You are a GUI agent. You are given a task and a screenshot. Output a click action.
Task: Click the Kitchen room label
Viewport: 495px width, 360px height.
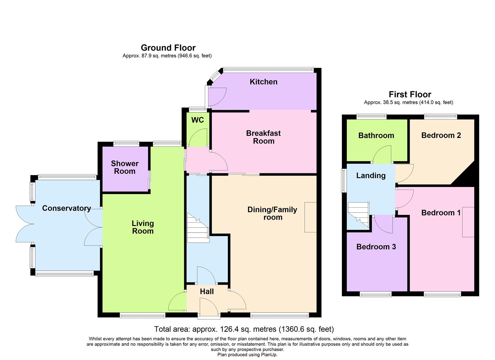pyautogui.click(x=263, y=82)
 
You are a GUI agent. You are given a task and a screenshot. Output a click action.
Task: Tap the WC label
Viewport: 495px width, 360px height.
pyautogui.click(x=197, y=120)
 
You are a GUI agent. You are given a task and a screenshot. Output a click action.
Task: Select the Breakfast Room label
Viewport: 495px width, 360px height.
pyautogui.click(x=263, y=137)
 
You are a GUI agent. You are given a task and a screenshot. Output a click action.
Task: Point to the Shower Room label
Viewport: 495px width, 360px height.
pyautogui.click(x=125, y=167)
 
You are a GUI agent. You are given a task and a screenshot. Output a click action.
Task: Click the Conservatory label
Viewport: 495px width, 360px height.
pyautogui.click(x=66, y=208)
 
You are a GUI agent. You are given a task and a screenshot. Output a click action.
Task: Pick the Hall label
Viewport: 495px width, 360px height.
pyautogui.click(x=207, y=292)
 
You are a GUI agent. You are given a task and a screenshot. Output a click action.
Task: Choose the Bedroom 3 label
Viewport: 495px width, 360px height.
pyautogui.click(x=376, y=247)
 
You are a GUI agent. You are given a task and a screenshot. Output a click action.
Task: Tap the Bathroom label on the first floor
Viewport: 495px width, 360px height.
pyautogui.click(x=376, y=136)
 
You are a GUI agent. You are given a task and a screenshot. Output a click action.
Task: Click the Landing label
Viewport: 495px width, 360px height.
pyautogui.click(x=371, y=176)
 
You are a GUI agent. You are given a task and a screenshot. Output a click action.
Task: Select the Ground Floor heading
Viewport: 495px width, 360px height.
pyautogui.click(x=168, y=48)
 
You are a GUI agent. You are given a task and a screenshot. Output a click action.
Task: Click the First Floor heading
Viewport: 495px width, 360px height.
pyautogui.click(x=410, y=95)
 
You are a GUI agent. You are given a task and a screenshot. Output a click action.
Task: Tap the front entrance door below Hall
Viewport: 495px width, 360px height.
pyautogui.click(x=209, y=307)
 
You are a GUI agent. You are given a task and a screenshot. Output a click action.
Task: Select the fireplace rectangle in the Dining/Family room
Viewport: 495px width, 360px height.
pyautogui.click(x=310, y=217)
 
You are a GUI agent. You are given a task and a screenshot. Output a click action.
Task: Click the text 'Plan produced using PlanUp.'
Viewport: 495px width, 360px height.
pyautogui.click(x=247, y=355)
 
